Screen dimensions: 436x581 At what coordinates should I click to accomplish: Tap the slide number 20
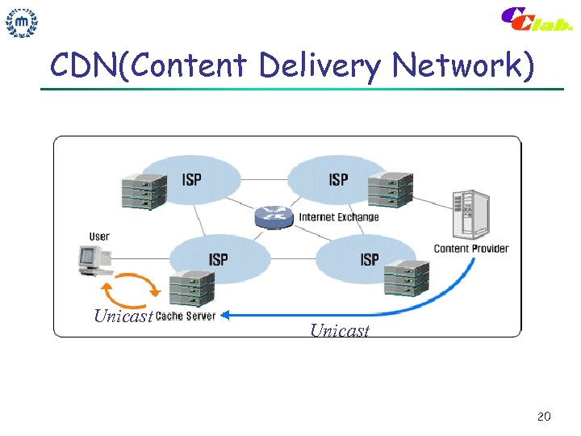(x=543, y=417)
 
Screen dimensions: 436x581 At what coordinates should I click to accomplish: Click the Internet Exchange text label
(x=338, y=217)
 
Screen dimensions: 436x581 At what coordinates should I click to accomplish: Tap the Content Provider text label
(x=471, y=249)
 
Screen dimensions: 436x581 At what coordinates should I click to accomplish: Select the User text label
(x=99, y=237)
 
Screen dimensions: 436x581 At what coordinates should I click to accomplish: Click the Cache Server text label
(x=186, y=316)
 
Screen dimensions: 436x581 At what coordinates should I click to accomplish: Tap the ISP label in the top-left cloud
(x=192, y=179)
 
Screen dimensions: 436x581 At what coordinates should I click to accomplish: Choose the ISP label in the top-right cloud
(x=338, y=179)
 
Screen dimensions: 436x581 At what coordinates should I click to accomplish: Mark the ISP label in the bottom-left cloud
(x=218, y=259)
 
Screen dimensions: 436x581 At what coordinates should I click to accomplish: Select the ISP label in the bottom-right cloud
(x=369, y=259)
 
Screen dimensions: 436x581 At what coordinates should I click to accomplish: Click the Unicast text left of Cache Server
(x=123, y=316)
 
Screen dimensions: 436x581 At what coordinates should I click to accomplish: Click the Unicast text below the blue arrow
(x=339, y=330)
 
